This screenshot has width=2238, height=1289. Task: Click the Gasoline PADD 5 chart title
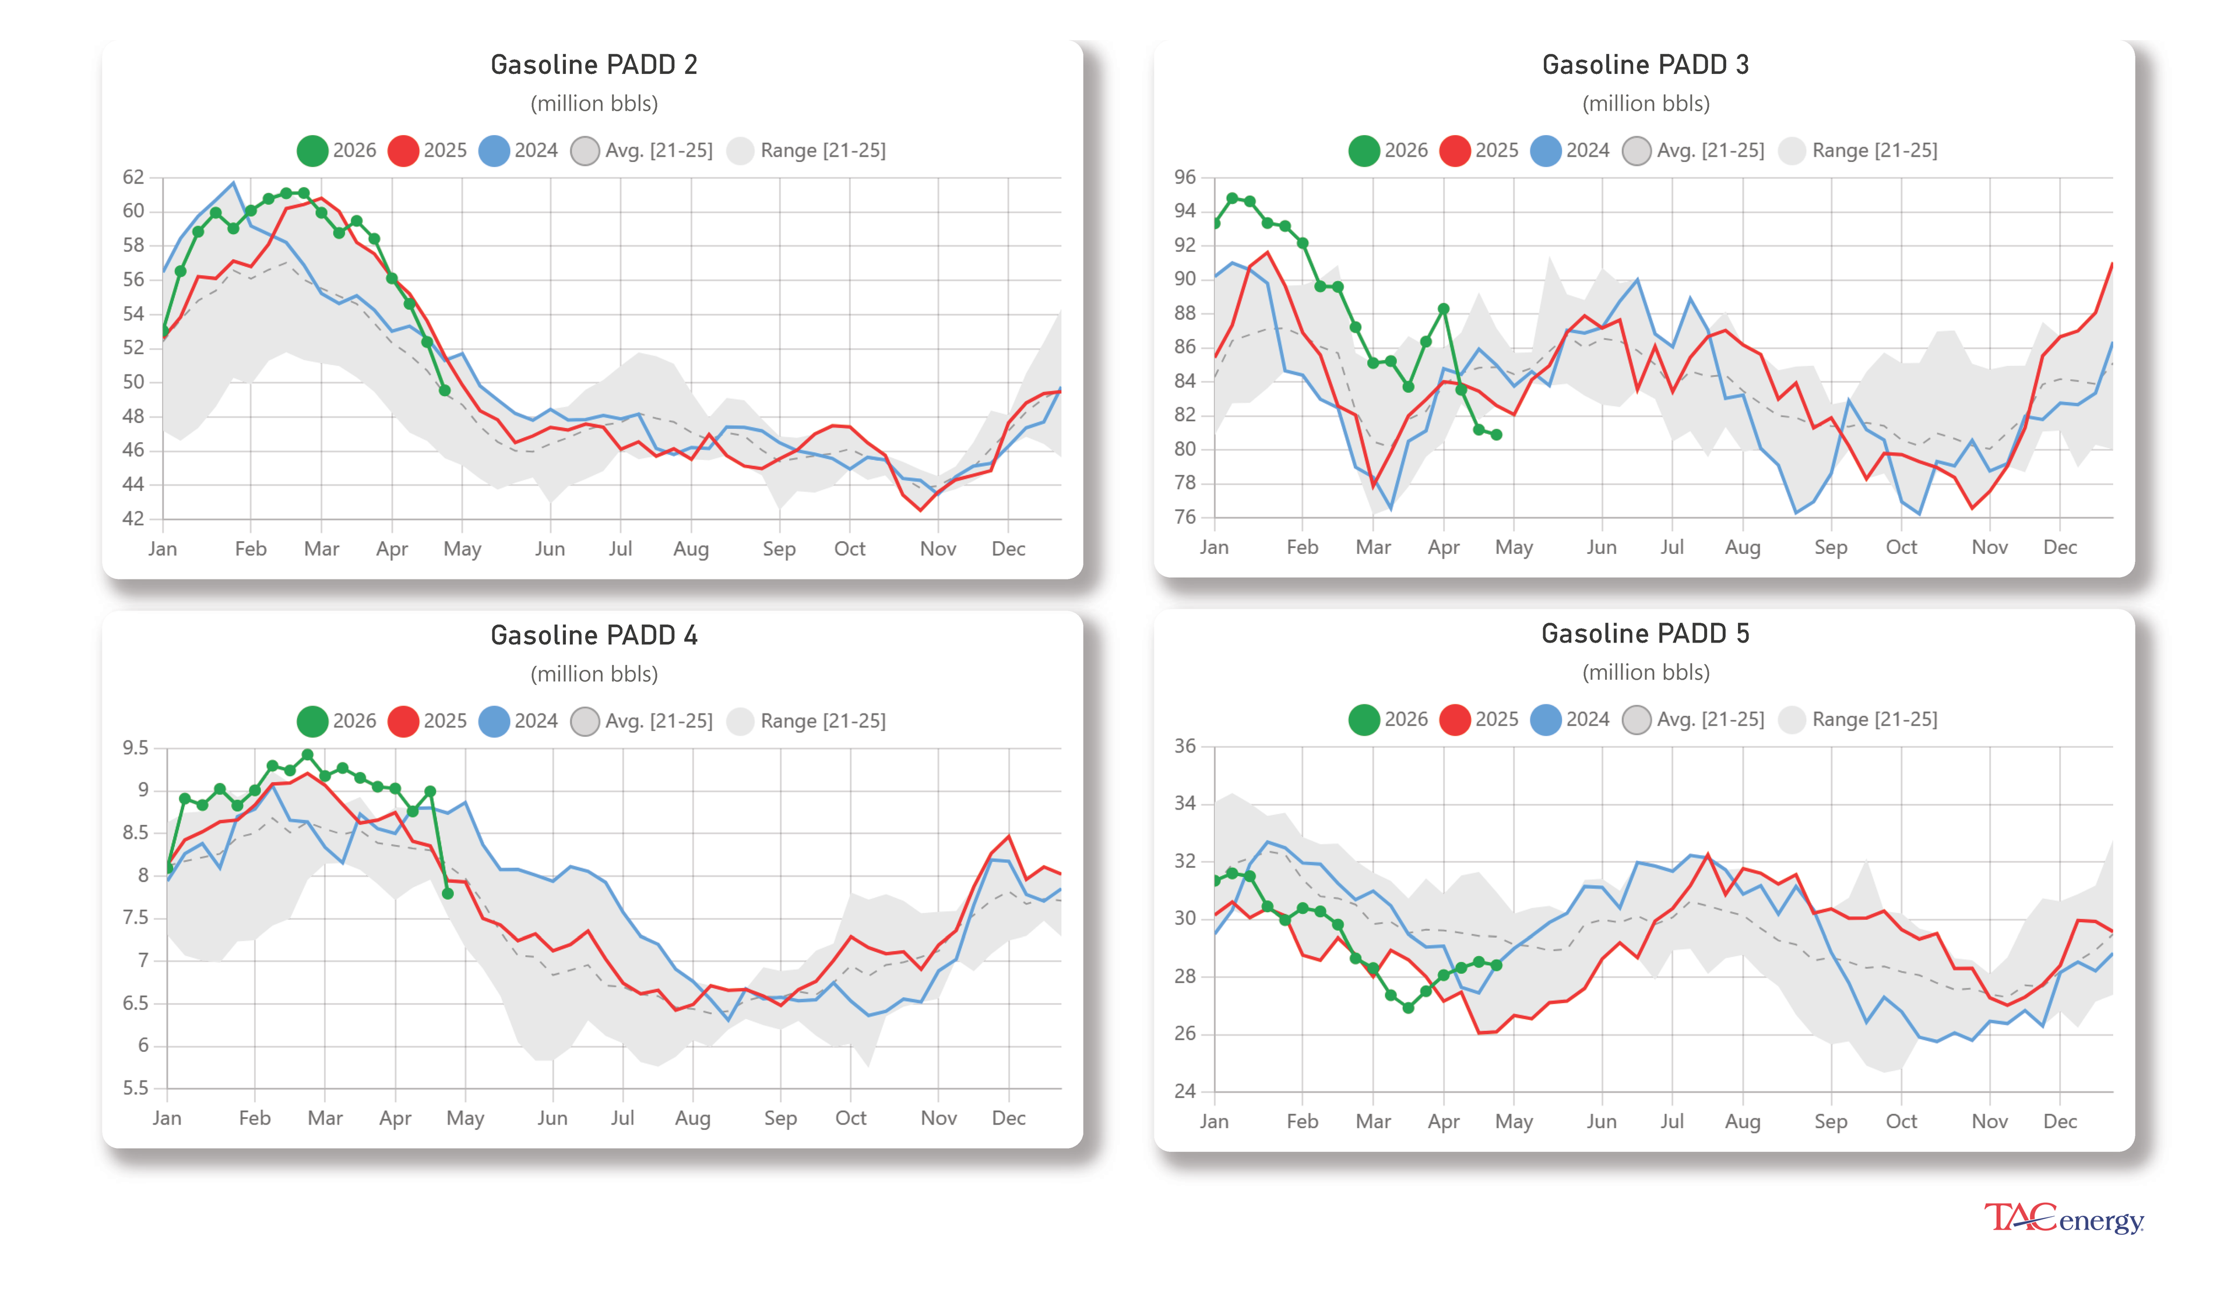click(x=1645, y=633)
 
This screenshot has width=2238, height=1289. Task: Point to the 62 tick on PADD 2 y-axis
click(x=133, y=177)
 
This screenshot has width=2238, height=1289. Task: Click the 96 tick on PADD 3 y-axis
click(x=1184, y=177)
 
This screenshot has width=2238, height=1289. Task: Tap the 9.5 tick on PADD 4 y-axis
click(x=135, y=747)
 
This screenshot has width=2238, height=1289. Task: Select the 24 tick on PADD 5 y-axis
click(x=1184, y=1091)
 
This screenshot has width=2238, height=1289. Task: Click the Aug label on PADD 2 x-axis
click(x=691, y=549)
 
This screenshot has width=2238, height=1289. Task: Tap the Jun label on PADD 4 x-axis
click(x=552, y=1118)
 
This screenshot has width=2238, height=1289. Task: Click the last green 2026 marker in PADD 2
click(x=445, y=390)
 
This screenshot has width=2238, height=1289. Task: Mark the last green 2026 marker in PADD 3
click(x=1496, y=435)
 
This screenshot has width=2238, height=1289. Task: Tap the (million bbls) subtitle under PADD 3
click(x=1645, y=104)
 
